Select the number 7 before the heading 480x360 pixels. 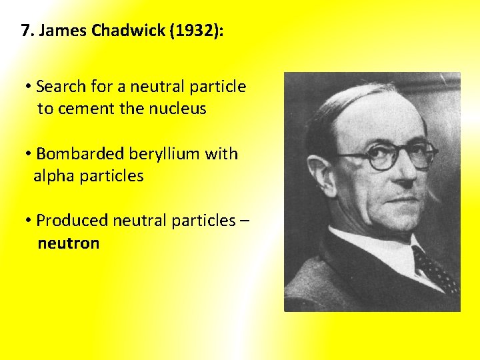[x=26, y=31]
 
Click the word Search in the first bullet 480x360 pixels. [x=61, y=87]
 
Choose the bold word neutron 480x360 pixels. [x=69, y=243]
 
